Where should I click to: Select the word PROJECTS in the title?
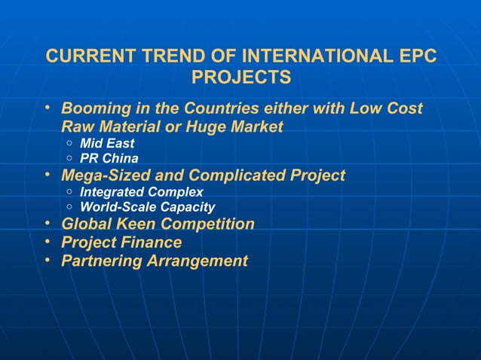point(241,77)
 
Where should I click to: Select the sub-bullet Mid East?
point(107,144)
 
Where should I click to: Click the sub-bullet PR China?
point(109,159)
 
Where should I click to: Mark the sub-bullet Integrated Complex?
point(142,192)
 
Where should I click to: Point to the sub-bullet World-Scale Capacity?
point(148,207)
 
